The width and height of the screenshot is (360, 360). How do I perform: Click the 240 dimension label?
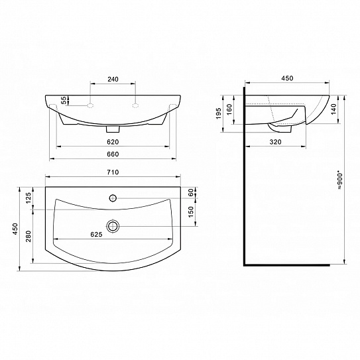tap(113, 79)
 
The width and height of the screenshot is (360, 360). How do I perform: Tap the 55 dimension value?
tap(64, 100)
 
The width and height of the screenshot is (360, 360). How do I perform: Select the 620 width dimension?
tap(113, 142)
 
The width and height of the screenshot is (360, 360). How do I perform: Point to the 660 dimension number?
tap(113, 154)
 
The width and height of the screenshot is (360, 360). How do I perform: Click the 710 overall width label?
tap(113, 172)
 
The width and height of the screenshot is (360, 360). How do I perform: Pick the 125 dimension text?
tap(28, 198)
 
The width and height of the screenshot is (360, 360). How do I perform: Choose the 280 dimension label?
tap(28, 236)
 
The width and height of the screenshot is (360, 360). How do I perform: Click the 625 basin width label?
tap(96, 234)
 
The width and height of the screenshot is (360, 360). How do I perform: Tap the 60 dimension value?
tap(191, 192)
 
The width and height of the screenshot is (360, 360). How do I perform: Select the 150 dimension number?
tap(191, 212)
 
